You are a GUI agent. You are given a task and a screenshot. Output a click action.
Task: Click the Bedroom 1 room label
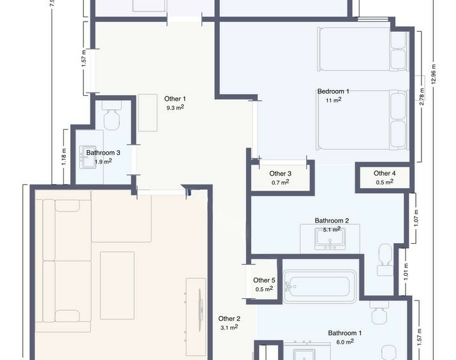333,91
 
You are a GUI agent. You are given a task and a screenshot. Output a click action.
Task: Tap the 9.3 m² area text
175,107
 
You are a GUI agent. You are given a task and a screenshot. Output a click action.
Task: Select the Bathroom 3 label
103,153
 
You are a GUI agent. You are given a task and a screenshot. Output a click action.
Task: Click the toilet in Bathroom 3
112,116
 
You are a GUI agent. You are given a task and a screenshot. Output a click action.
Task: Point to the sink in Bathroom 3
88,157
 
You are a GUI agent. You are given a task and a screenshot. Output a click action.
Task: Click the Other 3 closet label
280,174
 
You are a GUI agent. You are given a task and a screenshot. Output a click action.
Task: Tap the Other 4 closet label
385,173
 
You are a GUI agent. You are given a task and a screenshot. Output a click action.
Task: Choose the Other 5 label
264,280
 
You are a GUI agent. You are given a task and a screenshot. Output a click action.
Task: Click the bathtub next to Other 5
320,287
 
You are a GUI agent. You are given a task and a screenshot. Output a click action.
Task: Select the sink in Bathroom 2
330,238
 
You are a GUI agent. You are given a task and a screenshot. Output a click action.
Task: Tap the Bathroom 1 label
344,333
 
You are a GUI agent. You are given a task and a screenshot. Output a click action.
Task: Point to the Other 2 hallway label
229,319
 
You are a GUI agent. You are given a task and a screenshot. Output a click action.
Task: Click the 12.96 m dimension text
434,74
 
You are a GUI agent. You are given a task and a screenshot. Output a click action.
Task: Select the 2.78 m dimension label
422,96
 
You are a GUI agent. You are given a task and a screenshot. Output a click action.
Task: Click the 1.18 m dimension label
64,156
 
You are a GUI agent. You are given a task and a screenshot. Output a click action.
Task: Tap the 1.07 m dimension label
416,218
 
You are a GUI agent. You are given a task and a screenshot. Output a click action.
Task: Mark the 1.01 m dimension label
406,272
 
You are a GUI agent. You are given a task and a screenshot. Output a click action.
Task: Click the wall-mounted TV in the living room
200,310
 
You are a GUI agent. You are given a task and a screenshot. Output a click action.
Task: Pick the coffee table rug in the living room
117,285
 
